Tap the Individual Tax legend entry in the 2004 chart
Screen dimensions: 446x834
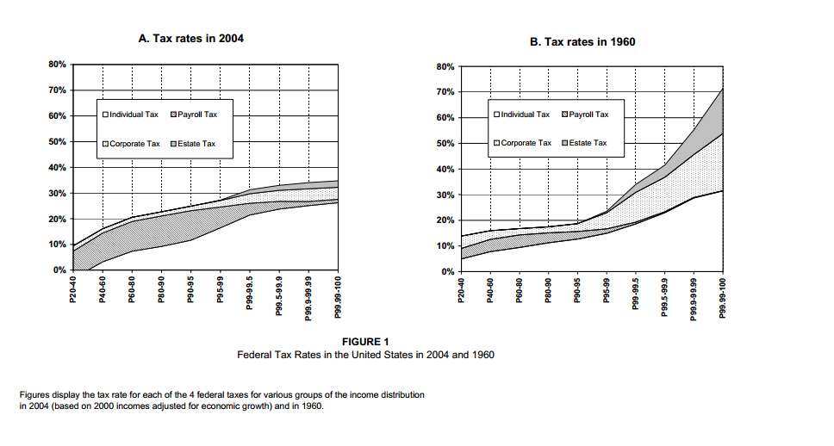click(x=130, y=115)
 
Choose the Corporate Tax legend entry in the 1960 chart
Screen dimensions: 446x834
click(x=521, y=143)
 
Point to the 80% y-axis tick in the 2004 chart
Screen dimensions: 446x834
click(x=58, y=65)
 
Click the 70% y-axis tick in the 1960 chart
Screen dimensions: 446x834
click(x=448, y=92)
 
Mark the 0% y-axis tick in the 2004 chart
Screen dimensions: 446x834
click(x=60, y=270)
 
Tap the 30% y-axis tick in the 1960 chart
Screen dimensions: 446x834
click(x=448, y=195)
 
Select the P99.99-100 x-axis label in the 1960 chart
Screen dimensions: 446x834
click(x=725, y=297)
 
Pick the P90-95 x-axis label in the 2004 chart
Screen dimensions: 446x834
click(x=191, y=288)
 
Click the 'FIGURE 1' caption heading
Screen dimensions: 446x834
click(x=365, y=342)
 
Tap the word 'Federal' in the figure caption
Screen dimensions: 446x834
click(x=255, y=355)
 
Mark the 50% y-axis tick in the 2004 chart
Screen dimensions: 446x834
click(x=58, y=141)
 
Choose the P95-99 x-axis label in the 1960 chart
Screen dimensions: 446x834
click(x=607, y=290)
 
